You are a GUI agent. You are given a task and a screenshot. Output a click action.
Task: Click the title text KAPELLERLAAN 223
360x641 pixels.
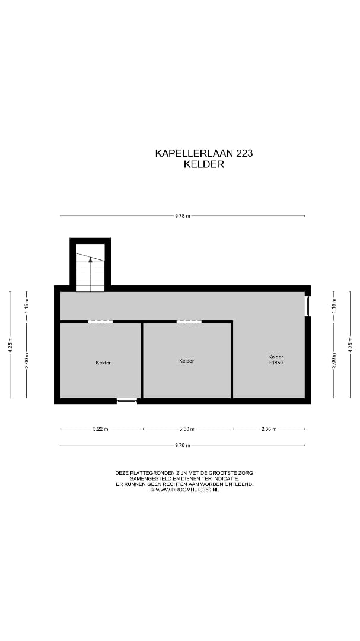pyautogui.click(x=203, y=153)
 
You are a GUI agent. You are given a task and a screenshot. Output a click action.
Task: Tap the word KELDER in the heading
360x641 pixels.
pyautogui.click(x=204, y=164)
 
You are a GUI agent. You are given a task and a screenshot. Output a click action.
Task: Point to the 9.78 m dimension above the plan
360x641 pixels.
pyautogui.click(x=183, y=216)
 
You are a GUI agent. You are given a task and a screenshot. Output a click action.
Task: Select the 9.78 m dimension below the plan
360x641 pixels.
pyautogui.click(x=183, y=445)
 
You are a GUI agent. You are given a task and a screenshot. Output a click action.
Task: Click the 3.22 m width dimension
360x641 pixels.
pyautogui.click(x=100, y=429)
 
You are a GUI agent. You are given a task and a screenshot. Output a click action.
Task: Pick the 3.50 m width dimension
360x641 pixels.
pyautogui.click(x=187, y=429)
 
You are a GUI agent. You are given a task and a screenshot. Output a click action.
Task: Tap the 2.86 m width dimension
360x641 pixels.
pyautogui.click(x=269, y=429)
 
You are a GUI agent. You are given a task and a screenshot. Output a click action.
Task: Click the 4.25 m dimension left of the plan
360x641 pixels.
pyautogui.click(x=11, y=345)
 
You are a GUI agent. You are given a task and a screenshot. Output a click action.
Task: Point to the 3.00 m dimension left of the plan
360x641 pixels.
pyautogui.click(x=27, y=360)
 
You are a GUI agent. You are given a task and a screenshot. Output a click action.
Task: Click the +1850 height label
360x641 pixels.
pyautogui.click(x=276, y=363)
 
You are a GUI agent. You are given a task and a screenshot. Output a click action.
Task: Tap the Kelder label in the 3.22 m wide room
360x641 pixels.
pyautogui.click(x=103, y=363)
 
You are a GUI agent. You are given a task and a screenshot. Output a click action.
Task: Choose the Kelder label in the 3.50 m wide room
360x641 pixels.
pyautogui.click(x=186, y=361)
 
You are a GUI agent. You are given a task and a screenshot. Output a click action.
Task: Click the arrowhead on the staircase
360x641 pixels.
pyautogui.click(x=90, y=259)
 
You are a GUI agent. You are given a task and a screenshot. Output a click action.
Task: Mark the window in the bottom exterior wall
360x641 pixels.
pyautogui.click(x=127, y=401)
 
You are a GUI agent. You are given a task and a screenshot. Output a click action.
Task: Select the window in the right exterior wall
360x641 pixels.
pyautogui.click(x=307, y=306)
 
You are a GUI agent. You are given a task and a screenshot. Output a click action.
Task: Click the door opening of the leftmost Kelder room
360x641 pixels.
pyautogui.click(x=100, y=322)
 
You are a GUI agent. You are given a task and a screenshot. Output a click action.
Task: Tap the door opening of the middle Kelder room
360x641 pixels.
pyautogui.click(x=189, y=322)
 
